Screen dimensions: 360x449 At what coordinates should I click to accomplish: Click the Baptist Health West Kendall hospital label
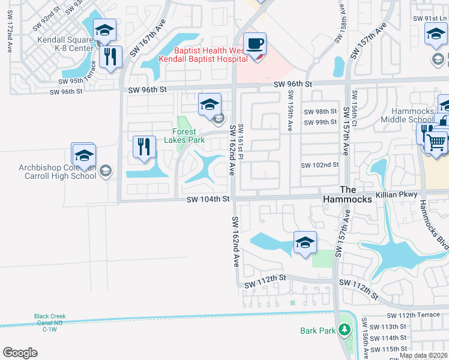203,55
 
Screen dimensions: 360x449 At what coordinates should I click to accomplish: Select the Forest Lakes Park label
184,136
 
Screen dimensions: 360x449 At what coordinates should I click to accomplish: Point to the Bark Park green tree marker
344,329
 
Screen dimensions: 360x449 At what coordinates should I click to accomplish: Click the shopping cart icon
437,143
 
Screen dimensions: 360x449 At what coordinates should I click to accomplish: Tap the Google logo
20,353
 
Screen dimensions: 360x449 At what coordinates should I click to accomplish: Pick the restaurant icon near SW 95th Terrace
110,57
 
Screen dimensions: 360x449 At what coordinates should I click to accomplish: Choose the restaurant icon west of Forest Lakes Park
144,146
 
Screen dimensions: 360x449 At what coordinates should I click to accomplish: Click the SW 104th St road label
208,199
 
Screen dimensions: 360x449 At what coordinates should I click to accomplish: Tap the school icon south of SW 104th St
305,243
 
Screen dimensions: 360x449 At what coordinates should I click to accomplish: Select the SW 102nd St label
320,165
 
